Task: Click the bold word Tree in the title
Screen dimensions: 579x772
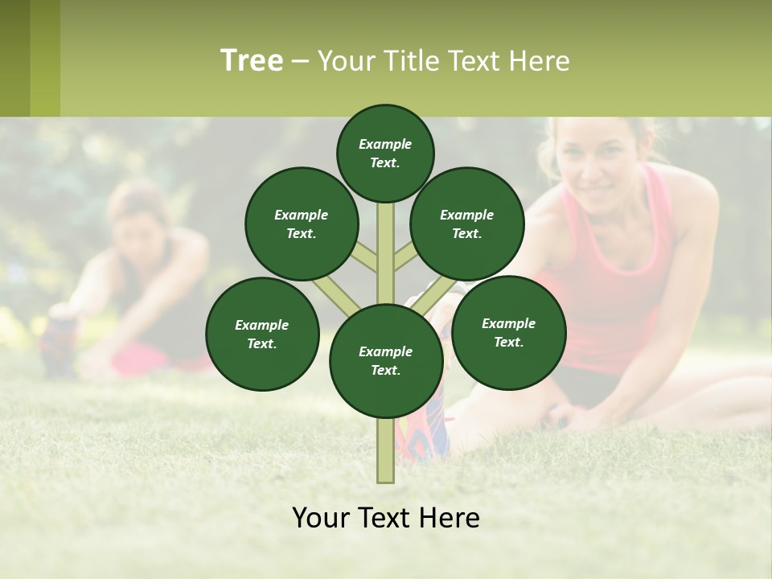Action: pyautogui.click(x=252, y=60)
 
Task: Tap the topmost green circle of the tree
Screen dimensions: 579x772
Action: pyautogui.click(x=385, y=153)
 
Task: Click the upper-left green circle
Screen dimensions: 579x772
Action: pyautogui.click(x=301, y=224)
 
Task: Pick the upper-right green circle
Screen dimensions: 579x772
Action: pyautogui.click(x=466, y=224)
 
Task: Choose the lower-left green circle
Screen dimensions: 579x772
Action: pyautogui.click(x=261, y=334)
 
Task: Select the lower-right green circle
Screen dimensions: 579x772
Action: pyautogui.click(x=508, y=332)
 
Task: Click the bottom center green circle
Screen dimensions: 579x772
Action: pyautogui.click(x=385, y=360)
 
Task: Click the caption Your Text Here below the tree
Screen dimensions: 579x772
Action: pyautogui.click(x=385, y=518)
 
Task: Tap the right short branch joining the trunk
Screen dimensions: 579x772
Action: pyautogui.click(x=406, y=257)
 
